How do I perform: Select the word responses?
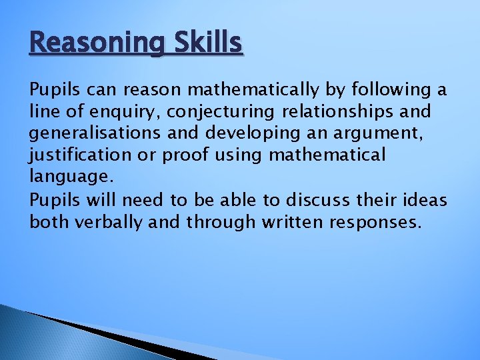click(x=377, y=222)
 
